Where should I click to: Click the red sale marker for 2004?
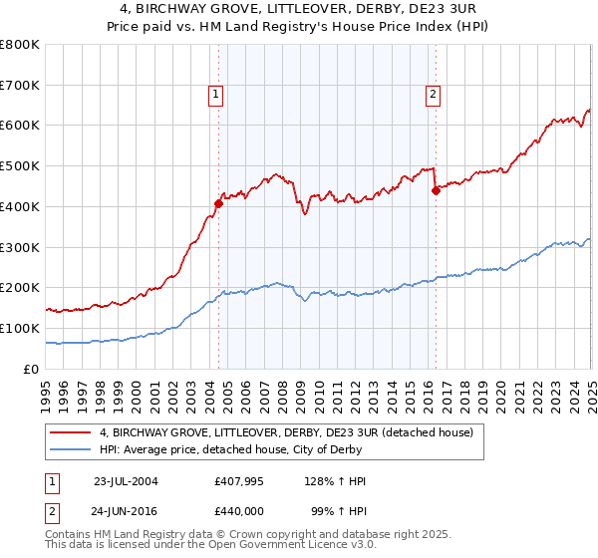coord(219,203)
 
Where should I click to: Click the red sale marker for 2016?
coord(436,190)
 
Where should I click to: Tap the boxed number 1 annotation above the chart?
coord(216,96)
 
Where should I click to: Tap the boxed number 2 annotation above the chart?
coord(434,96)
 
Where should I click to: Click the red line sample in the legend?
coord(70,432)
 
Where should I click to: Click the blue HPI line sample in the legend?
coord(70,450)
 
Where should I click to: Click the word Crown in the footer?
coord(268,535)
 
